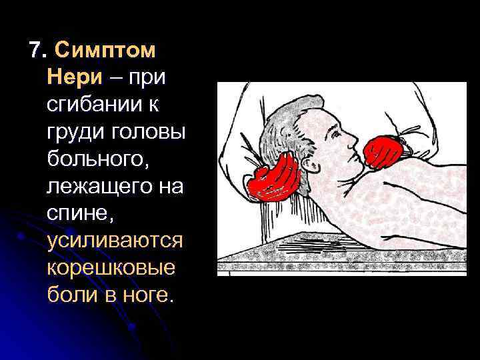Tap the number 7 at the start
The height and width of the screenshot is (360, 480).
tap(35, 51)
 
